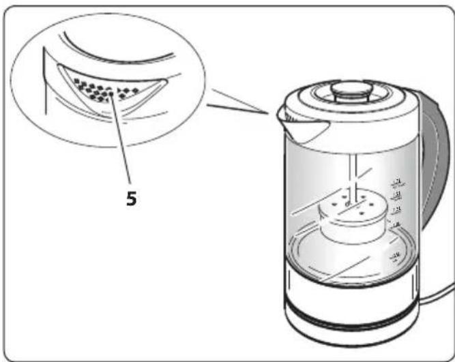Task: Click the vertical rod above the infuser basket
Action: pyautogui.click(x=351, y=177)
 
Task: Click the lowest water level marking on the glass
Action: pyautogui.click(x=394, y=257)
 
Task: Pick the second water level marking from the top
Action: pyautogui.click(x=395, y=195)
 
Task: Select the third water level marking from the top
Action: pyautogui.click(x=395, y=209)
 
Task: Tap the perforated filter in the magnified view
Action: pyautogui.click(x=102, y=89)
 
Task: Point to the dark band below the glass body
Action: pyautogui.click(x=348, y=285)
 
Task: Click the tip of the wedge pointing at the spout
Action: pyautogui.click(x=268, y=112)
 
